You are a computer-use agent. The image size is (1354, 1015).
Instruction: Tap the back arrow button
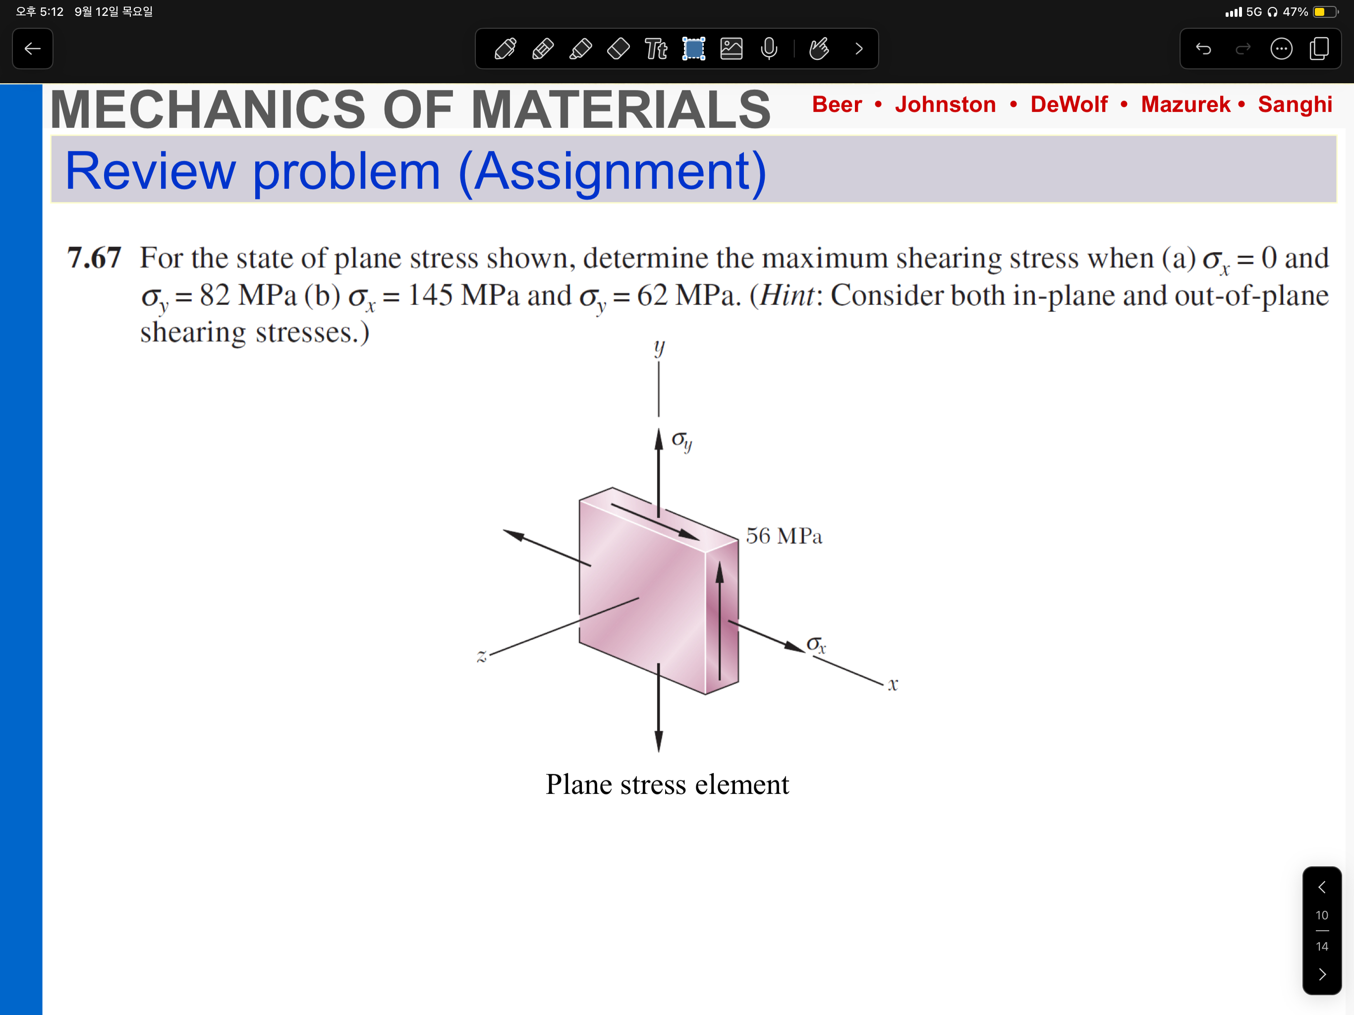pos(32,49)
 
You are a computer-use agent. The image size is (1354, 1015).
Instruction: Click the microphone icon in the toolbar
pos(769,49)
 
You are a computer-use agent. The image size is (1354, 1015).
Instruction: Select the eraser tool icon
pos(618,49)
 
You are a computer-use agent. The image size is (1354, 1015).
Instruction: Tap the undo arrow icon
pos(1203,49)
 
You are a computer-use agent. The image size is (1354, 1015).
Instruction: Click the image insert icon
pos(732,49)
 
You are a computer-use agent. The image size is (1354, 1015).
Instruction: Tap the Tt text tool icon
pos(656,49)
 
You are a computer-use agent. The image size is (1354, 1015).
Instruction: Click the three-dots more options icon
pos(1281,49)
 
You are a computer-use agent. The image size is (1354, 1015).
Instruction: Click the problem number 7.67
pos(94,258)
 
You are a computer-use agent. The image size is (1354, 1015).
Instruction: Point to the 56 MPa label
pos(784,536)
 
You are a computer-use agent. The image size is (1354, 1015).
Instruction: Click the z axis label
pos(482,657)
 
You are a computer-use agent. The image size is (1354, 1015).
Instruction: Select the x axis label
pos(893,684)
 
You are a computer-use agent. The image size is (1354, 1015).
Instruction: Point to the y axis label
pos(659,348)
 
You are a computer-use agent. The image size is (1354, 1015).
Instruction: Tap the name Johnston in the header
pos(945,104)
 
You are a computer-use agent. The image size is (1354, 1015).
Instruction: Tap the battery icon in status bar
pos(1325,11)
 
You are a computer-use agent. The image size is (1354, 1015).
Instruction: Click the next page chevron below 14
pos(1322,974)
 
